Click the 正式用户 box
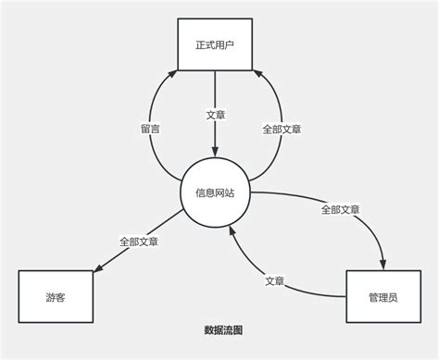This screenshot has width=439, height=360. pos(215,43)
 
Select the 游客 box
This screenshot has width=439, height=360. pos(56,298)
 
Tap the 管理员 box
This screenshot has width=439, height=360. pos(383,298)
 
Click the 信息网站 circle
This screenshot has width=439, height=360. pos(215,193)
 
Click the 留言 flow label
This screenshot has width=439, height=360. pos(150,130)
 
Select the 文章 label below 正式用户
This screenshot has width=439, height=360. pos(215,116)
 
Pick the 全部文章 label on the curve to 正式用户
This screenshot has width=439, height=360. pos(282,130)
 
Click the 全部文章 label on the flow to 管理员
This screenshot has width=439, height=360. pos(340,210)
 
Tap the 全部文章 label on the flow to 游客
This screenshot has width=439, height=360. pos(138,242)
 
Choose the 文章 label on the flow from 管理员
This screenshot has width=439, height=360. pos(274,280)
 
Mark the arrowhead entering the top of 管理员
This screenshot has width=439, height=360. pos(382,265)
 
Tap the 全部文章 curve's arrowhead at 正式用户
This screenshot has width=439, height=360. pos(258,73)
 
